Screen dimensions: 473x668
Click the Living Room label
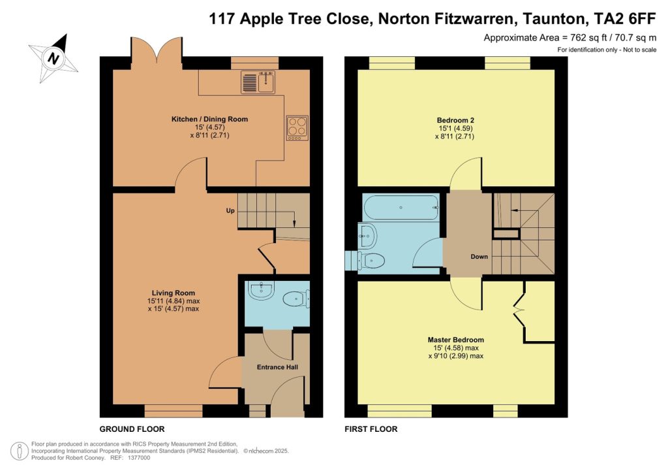(174, 293)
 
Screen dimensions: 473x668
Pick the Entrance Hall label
(275, 367)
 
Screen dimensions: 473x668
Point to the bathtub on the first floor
(401, 207)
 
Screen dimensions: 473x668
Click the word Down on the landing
(479, 257)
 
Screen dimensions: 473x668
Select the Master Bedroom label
(456, 340)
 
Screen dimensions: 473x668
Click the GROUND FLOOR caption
(132, 429)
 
